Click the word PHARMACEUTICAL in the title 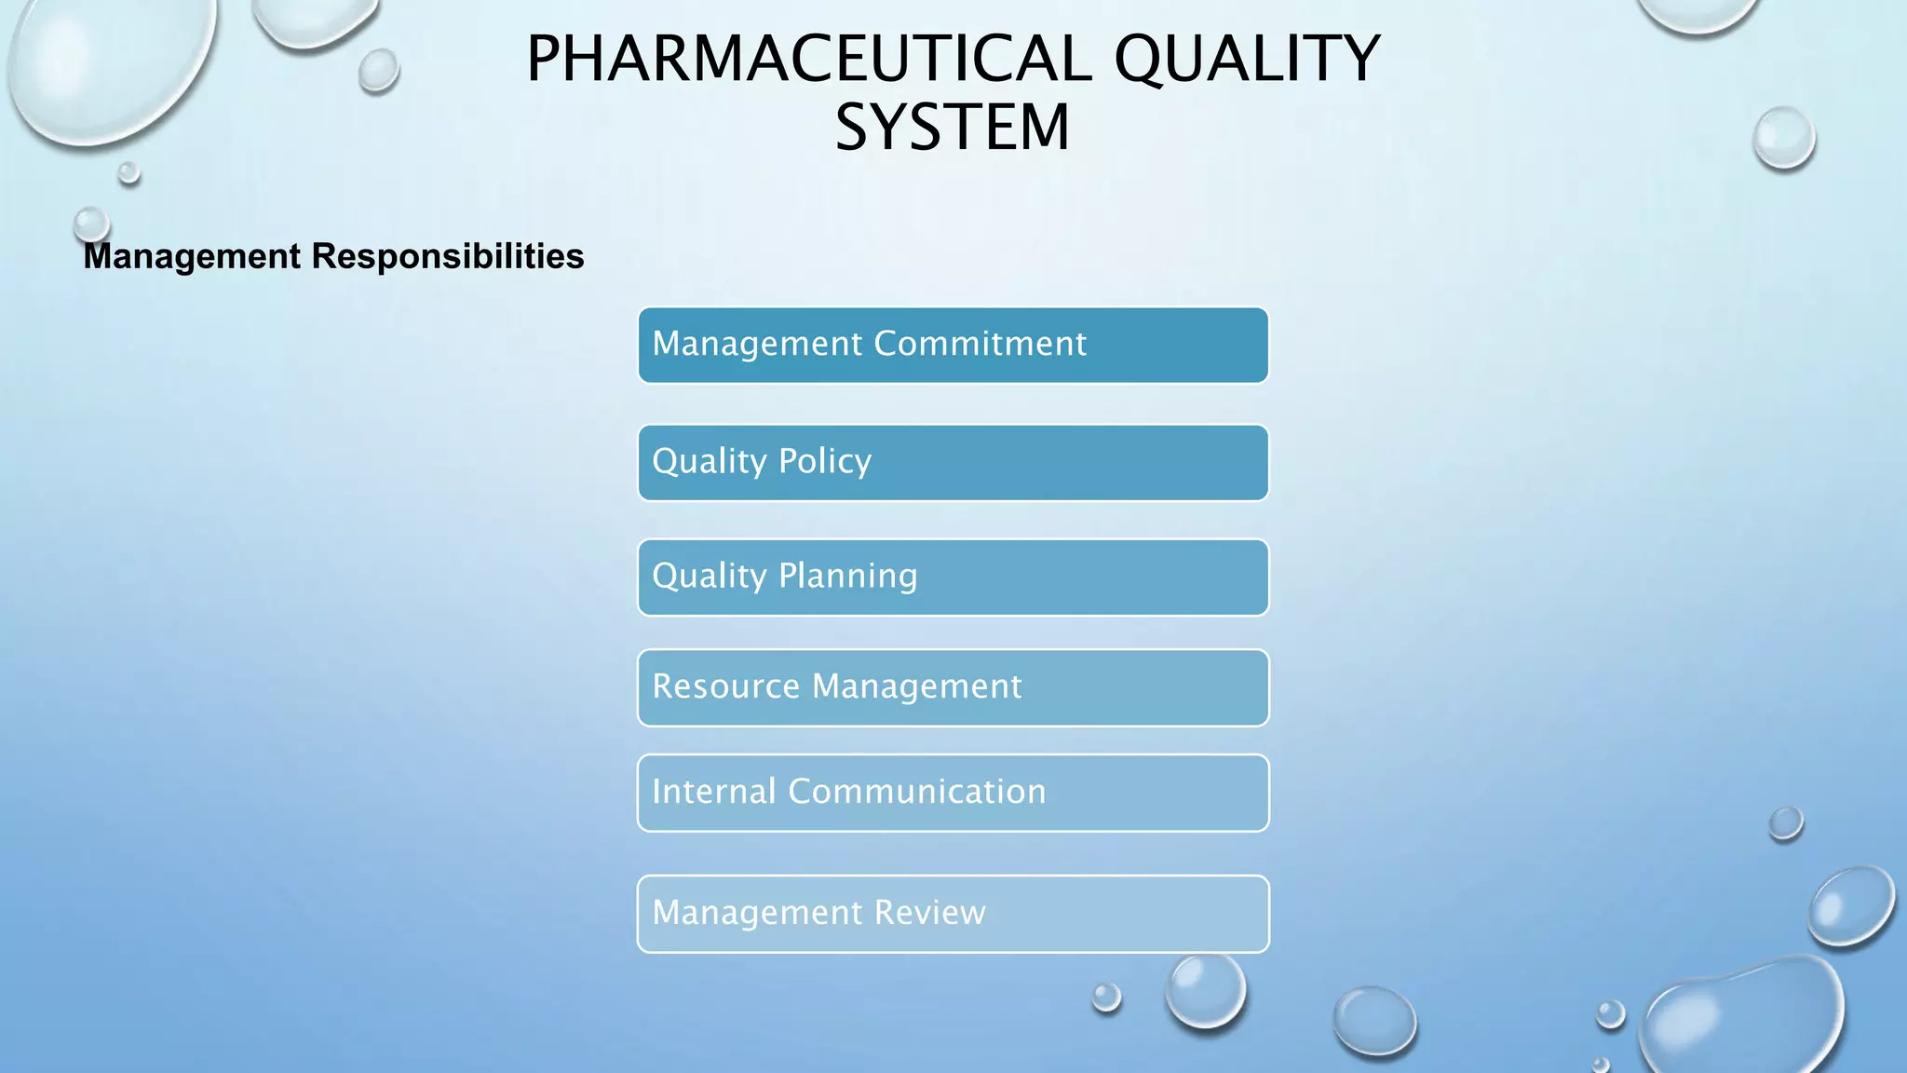(808, 59)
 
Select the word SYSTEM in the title (952, 128)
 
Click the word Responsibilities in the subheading (447, 256)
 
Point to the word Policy (825, 462)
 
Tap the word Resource (725, 686)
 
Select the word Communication (916, 792)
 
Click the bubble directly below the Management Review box (1206, 991)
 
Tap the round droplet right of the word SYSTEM (1783, 138)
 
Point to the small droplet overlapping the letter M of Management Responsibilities (91, 224)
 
